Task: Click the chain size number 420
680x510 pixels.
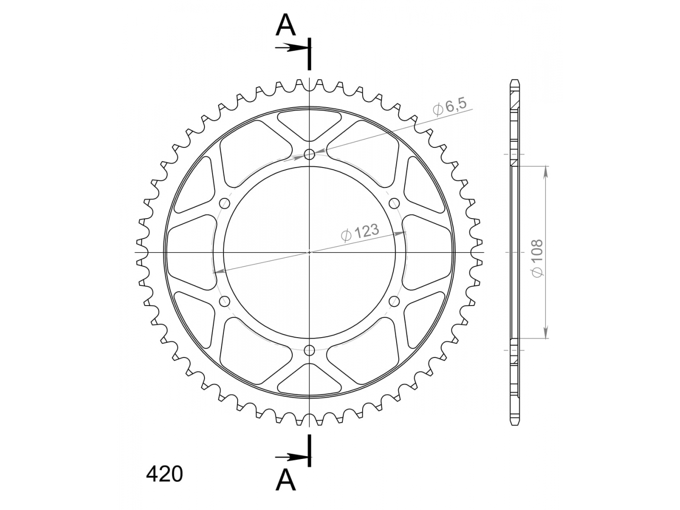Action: (164, 474)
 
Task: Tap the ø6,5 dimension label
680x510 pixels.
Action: (450, 108)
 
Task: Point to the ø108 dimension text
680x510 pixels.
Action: (537, 258)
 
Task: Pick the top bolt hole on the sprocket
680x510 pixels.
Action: (309, 154)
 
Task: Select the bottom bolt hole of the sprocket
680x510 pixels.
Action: (309, 350)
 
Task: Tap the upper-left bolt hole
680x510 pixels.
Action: (225, 204)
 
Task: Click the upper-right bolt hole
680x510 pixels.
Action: (394, 204)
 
